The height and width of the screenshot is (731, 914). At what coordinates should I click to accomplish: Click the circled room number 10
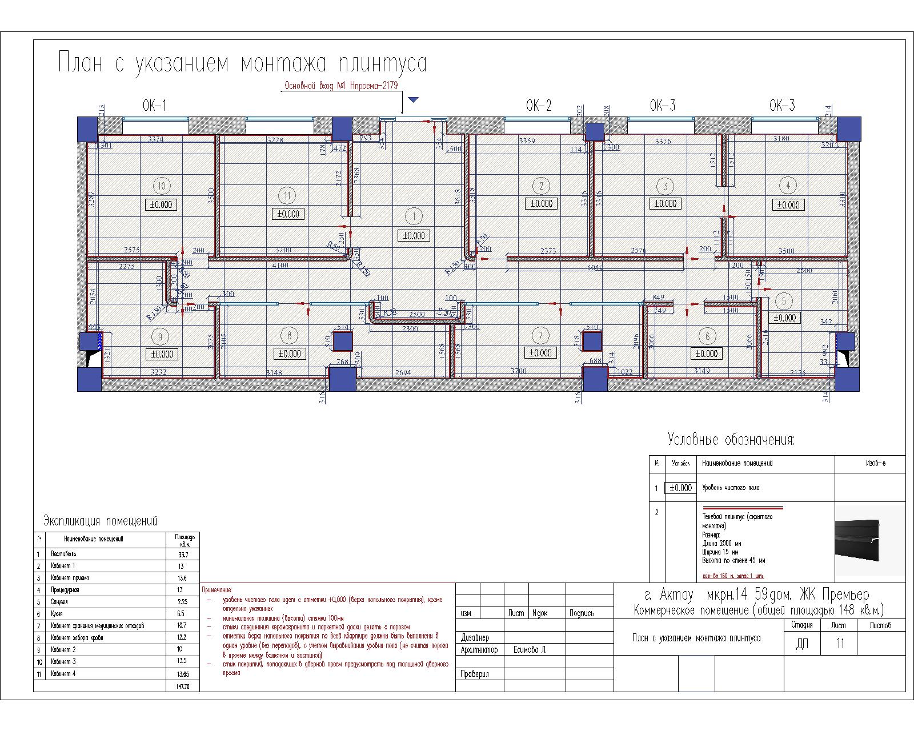[x=162, y=186]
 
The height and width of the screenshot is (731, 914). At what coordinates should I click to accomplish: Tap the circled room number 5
[x=784, y=301]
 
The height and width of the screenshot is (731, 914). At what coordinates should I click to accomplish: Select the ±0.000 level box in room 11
[x=288, y=214]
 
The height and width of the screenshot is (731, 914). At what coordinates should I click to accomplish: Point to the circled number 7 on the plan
[x=540, y=335]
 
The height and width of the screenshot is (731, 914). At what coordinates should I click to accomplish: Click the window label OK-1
[x=154, y=106]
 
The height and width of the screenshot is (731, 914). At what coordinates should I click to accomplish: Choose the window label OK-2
[x=539, y=106]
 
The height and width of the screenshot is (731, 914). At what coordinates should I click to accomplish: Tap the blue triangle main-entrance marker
[x=414, y=100]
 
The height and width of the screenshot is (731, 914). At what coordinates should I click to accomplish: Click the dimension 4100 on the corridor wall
[x=280, y=265]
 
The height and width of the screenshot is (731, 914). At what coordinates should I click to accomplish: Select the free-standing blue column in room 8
[x=343, y=342]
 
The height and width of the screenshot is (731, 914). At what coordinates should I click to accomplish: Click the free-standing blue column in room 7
[x=592, y=342]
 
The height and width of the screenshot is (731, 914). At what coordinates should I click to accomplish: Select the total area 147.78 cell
[x=183, y=686]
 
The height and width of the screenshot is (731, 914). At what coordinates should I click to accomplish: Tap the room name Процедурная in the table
[x=65, y=590]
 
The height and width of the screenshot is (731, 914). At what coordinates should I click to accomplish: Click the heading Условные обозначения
[x=731, y=440]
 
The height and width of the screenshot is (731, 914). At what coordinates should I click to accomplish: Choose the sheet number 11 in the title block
[x=840, y=644]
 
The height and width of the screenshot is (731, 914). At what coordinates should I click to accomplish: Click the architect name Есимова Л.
[x=531, y=650]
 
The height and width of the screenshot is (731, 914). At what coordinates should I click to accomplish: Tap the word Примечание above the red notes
[x=217, y=589]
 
